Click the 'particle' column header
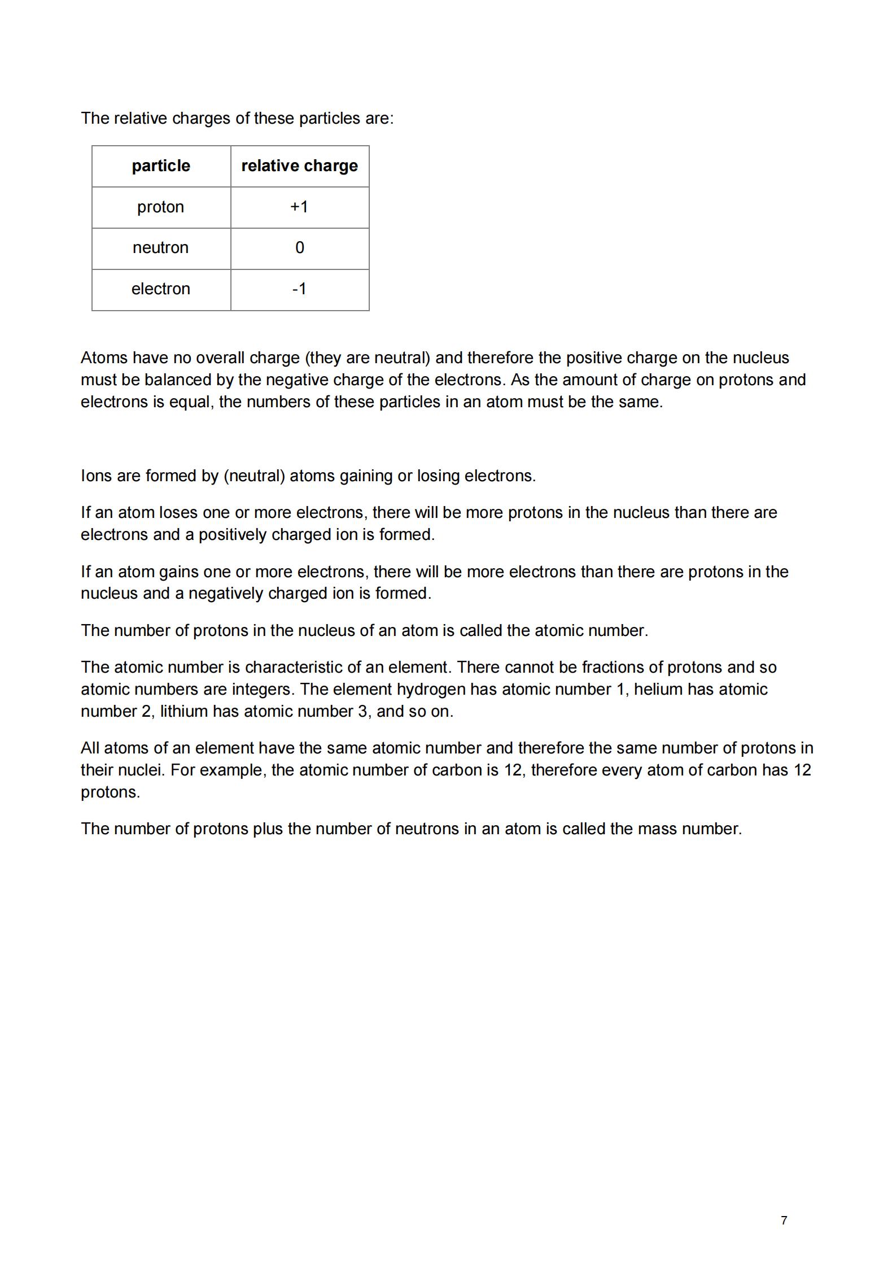pyautogui.click(x=161, y=166)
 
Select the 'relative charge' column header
pyautogui.click(x=299, y=166)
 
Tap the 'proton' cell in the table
pyautogui.click(x=160, y=207)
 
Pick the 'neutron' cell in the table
pyautogui.click(x=160, y=248)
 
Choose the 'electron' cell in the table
pyautogui.click(x=160, y=289)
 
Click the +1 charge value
pyautogui.click(x=299, y=207)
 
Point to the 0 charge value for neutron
pyautogui.click(x=300, y=248)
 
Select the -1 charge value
pyautogui.click(x=299, y=289)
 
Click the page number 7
pyautogui.click(x=784, y=1221)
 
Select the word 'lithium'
pyautogui.click(x=183, y=712)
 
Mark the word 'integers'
pyautogui.click(x=263, y=690)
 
